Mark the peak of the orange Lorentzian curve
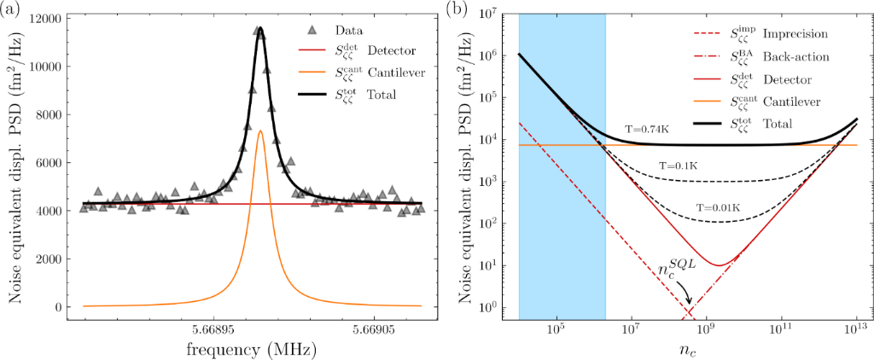click(x=259, y=131)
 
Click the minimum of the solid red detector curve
click(x=719, y=264)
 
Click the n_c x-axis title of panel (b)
click(x=688, y=348)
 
